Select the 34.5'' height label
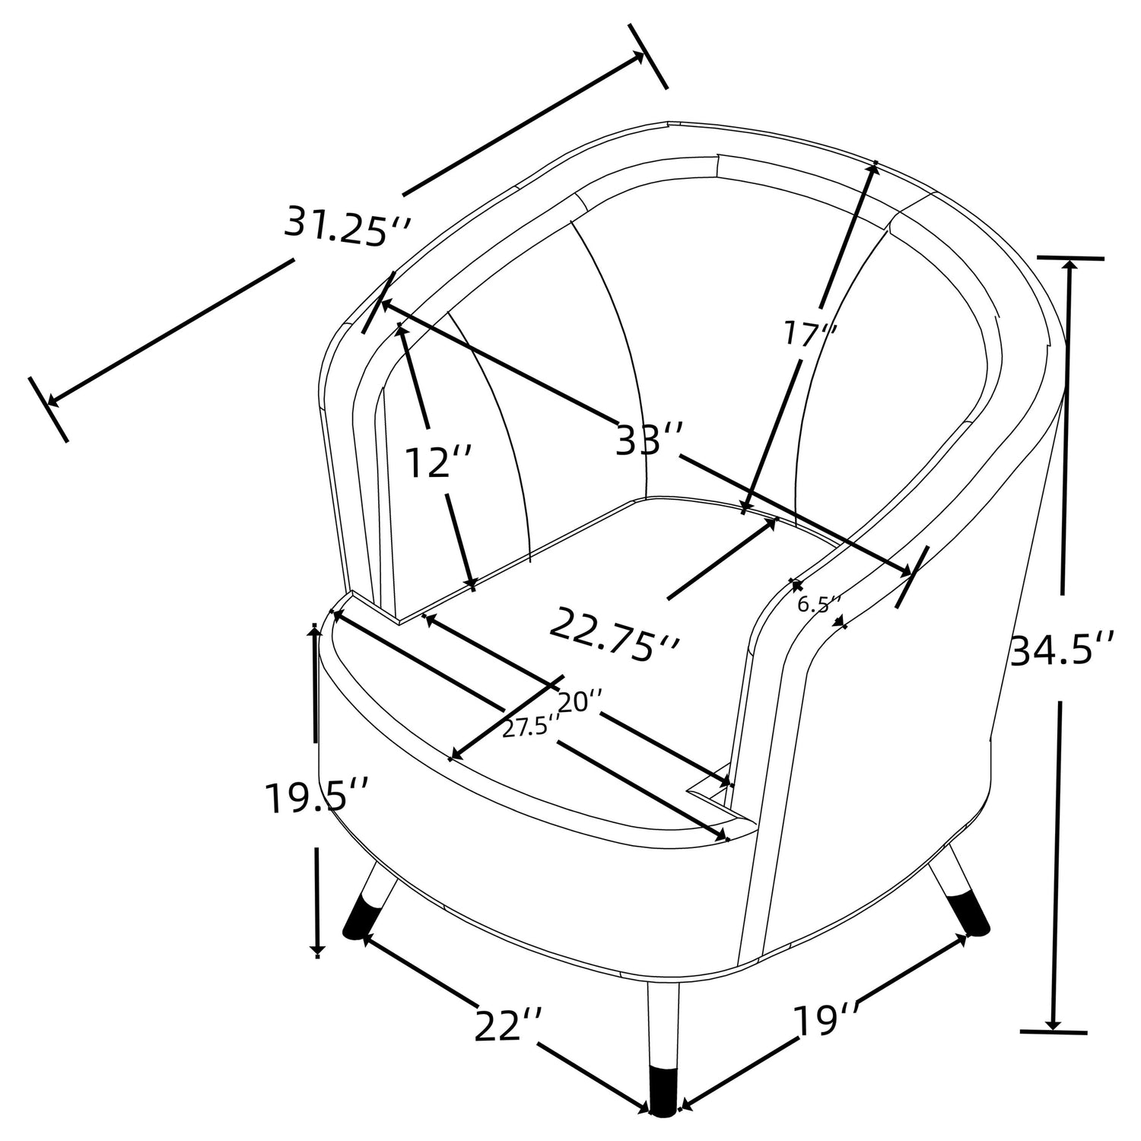tap(1062, 650)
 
